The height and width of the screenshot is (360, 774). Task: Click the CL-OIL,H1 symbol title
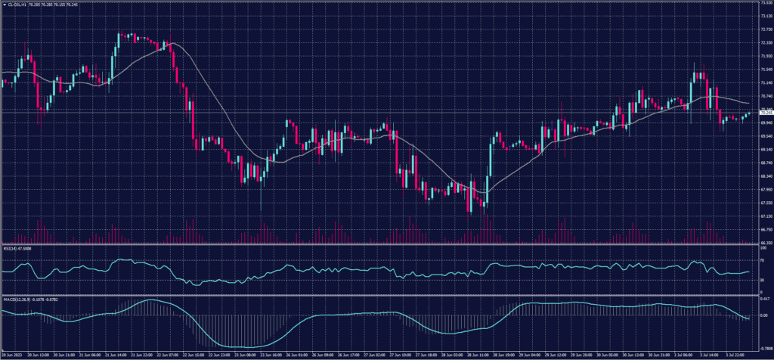coord(16,4)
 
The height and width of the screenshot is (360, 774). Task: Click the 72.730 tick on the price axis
coord(764,29)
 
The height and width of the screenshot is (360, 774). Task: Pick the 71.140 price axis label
coord(764,82)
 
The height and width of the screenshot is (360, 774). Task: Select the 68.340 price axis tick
coord(764,175)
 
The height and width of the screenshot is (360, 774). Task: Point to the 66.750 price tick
coord(764,228)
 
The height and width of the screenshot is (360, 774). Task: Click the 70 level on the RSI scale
coord(760,260)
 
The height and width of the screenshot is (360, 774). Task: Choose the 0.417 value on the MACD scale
coord(763,300)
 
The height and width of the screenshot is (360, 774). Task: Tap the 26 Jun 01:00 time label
coord(297,355)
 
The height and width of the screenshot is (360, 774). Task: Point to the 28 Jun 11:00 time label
coord(481,355)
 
